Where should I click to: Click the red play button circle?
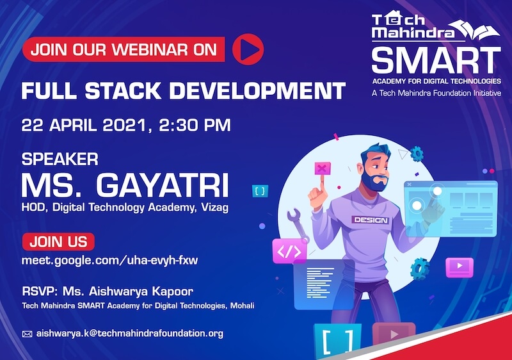coord(248,49)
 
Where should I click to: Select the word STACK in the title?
coord(123,90)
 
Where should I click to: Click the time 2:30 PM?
coord(195,126)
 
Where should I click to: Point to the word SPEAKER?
coord(60,160)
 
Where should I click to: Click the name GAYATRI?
coord(162,186)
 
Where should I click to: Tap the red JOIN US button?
coord(58,241)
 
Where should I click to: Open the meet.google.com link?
coord(109,260)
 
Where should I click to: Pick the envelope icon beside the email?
coord(27,334)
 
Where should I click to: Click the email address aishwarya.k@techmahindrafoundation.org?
coord(130,334)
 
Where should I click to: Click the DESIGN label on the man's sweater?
coord(371,220)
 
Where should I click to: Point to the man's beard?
coord(376,183)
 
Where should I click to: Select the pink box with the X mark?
coord(323,168)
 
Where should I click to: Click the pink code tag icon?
coord(289,251)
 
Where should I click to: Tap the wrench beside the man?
coord(298,225)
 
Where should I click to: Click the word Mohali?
coord(243,306)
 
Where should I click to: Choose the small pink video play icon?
coord(460,267)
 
